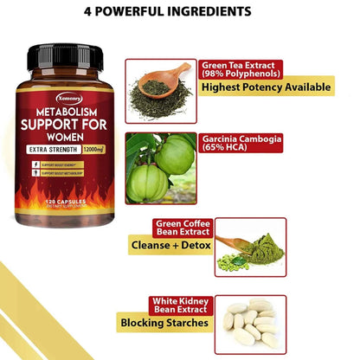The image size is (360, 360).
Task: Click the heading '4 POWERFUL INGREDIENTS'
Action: (x=180, y=12)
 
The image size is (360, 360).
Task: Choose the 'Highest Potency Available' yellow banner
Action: (x=266, y=87)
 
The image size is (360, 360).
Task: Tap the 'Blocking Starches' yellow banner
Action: (x=164, y=324)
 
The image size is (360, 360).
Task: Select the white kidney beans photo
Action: (x=250, y=320)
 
